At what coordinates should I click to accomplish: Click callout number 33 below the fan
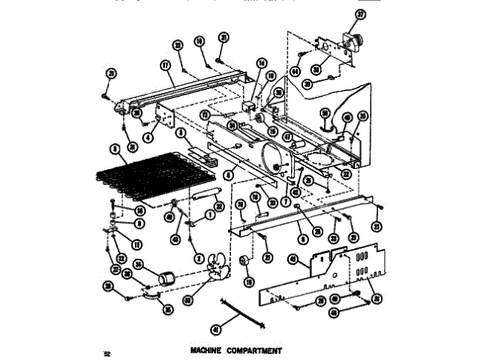pyautogui.click(x=188, y=299)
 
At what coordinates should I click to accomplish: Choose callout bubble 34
pyautogui.click(x=138, y=263)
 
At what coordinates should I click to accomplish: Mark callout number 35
pyautogui.click(x=168, y=307)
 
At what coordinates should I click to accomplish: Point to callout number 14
pyautogui.click(x=262, y=63)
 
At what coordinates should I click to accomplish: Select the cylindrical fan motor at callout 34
pyautogui.click(x=163, y=280)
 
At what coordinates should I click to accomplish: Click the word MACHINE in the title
pyautogui.click(x=207, y=350)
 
